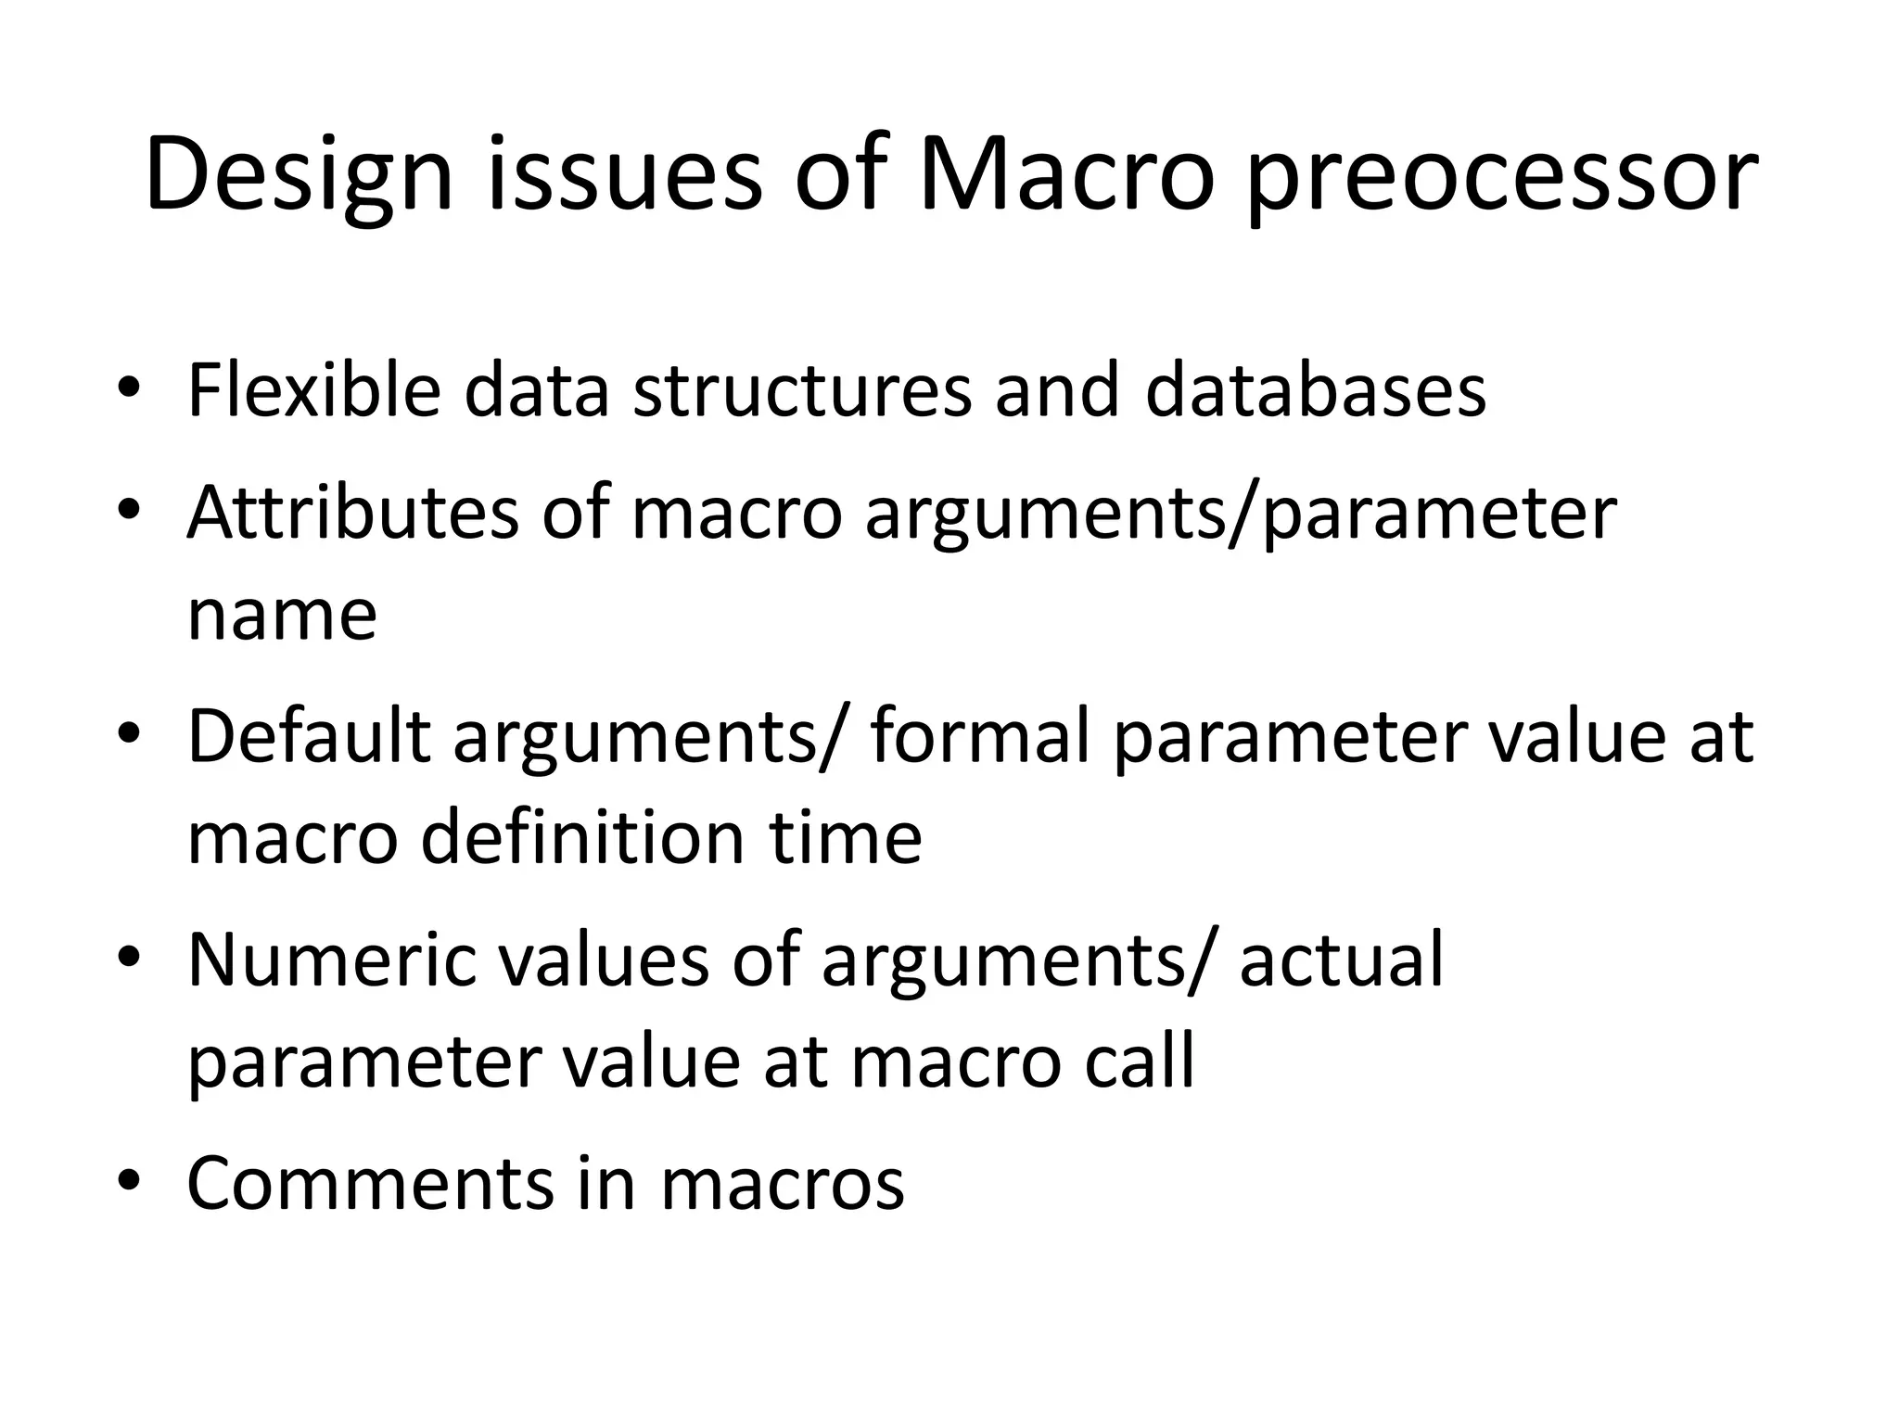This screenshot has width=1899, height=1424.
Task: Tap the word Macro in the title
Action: pos(1065,176)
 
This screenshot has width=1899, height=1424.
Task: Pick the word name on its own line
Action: pos(282,616)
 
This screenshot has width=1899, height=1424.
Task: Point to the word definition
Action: pos(583,837)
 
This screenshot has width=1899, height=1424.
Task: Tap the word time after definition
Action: pos(845,837)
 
